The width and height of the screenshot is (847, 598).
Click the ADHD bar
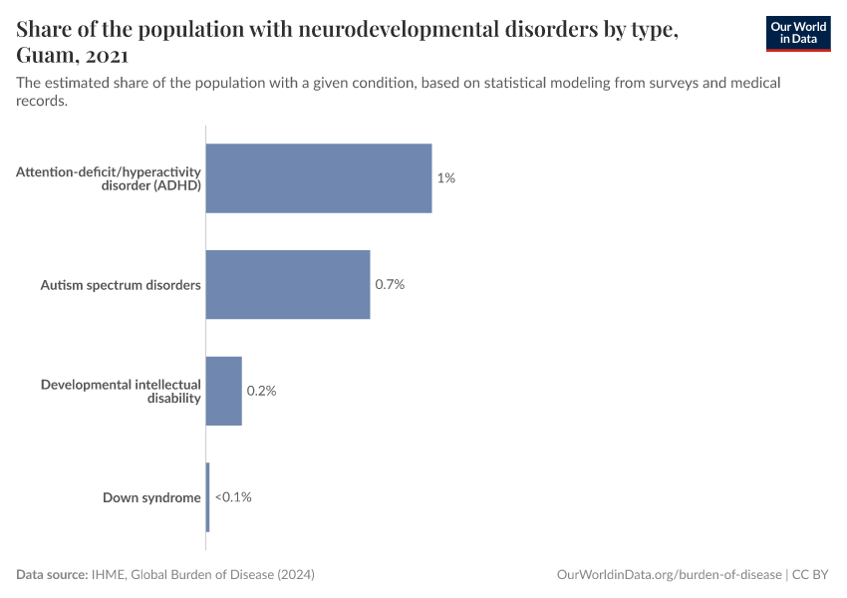pos(319,178)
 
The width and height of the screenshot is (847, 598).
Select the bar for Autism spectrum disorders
pos(288,284)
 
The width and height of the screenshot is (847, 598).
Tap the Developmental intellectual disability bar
pos(224,391)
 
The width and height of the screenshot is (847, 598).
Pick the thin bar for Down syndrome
pos(207,496)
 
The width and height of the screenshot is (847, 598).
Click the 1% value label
pos(445,178)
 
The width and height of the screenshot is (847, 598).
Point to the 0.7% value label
pos(390,284)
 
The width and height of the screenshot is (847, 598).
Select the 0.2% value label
pos(261,391)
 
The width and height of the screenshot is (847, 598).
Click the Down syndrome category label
pos(151,497)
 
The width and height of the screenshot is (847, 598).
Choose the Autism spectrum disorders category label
pos(121,285)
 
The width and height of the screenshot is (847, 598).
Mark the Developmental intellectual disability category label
pos(121,391)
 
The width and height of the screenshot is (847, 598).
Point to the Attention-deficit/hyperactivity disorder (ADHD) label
pos(109,178)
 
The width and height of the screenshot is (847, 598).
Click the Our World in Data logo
pos(797,33)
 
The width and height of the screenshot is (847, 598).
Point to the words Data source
pos(52,575)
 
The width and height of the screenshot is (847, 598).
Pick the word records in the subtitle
pos(42,101)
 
